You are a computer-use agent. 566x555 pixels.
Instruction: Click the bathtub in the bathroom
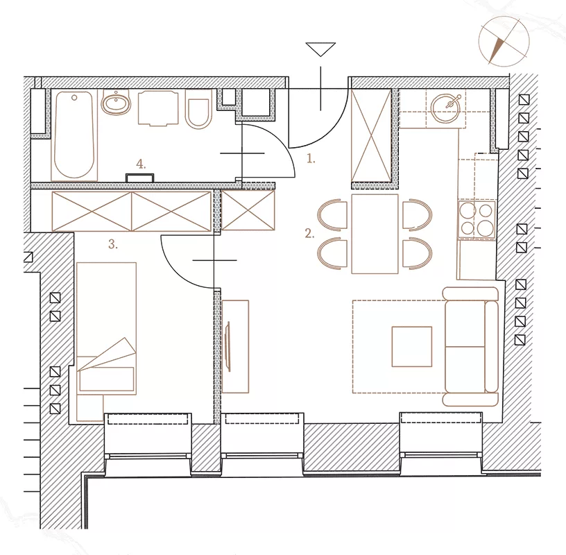tap(74, 135)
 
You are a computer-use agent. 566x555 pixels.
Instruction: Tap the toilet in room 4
tap(197, 109)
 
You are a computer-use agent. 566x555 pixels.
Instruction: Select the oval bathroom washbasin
tap(117, 102)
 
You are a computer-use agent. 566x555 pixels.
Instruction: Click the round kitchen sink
tap(445, 107)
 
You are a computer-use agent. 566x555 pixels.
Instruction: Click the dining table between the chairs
tap(375, 234)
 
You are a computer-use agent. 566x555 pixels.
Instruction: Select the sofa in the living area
tap(471, 347)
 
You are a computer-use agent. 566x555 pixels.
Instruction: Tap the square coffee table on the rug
tap(412, 347)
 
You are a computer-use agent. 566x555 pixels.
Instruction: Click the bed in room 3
tap(107, 328)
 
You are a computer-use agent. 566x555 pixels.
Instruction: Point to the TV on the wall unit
tap(228, 347)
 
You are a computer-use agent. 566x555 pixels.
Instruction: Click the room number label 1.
tap(311, 158)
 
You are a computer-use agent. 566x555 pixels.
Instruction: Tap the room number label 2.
tap(309, 233)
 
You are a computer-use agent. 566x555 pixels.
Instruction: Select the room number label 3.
tap(113, 244)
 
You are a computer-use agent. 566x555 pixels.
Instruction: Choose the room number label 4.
tap(141, 164)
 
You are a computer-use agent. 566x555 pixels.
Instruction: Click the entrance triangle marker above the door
tap(320, 49)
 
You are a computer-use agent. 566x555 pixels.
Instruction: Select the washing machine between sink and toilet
tap(158, 108)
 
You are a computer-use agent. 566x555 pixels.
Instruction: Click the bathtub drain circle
tap(74, 98)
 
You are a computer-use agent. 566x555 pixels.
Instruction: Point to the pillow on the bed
tap(107, 379)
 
